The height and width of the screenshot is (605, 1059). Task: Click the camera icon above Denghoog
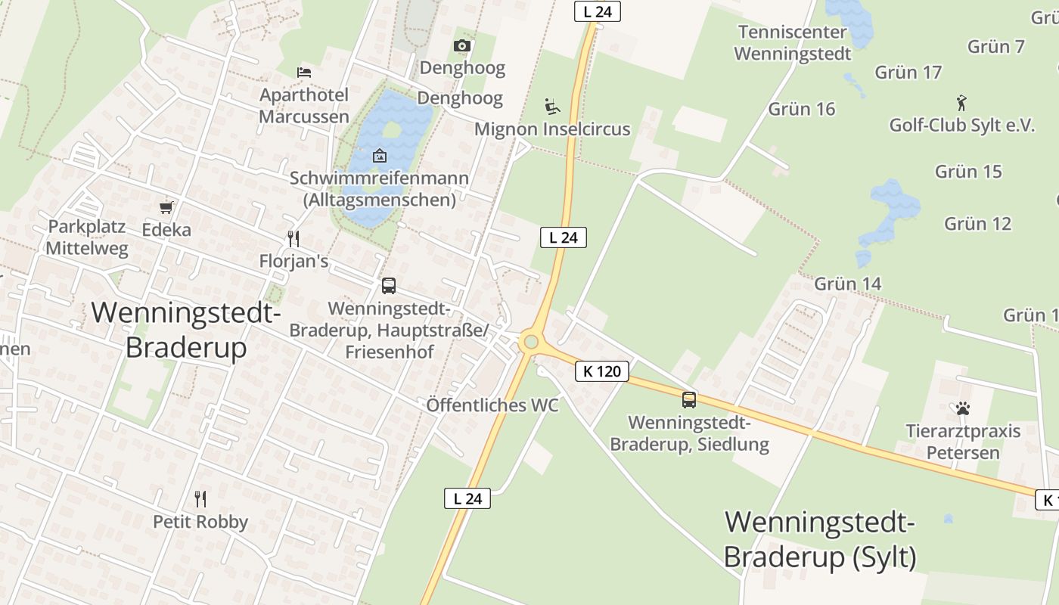462,46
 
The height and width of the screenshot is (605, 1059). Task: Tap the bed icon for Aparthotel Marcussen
304,73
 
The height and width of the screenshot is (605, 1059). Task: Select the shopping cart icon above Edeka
166,207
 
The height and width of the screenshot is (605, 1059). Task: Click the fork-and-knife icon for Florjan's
293,239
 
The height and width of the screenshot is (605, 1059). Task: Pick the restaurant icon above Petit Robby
200,499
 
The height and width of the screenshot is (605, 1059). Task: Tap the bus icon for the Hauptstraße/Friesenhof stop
389,286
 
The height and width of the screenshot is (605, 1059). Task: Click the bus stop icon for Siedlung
689,400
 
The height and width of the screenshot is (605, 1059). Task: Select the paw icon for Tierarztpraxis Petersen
962,409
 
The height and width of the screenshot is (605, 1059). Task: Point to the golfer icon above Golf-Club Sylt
961,103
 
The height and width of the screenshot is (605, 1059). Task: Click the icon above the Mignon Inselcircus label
552,107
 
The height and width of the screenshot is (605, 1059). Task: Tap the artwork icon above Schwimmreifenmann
380,157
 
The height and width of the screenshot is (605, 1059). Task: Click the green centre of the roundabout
530,343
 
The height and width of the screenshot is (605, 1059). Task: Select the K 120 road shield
602,371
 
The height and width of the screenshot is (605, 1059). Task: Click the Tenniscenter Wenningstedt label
792,43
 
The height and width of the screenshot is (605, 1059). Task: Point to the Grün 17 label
908,73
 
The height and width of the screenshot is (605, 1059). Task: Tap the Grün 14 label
848,284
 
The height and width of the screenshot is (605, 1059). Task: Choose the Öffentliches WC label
492,405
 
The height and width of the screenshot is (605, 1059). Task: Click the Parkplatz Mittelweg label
87,237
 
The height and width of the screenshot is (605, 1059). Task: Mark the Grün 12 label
977,224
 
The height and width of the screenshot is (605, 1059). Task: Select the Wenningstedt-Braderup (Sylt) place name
820,539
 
